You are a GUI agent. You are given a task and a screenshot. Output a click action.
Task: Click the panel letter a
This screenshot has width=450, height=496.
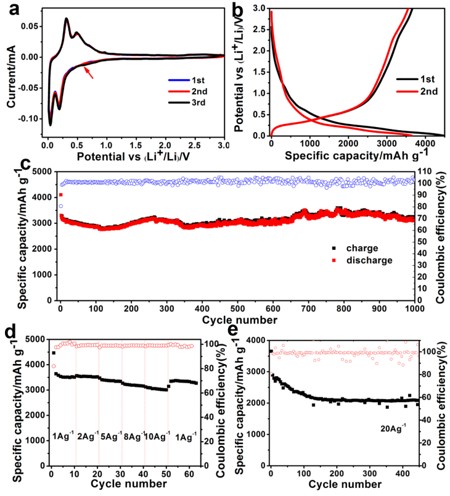pos(13,9)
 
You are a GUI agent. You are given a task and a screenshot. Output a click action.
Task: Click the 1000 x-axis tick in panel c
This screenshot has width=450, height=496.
pos(414,308)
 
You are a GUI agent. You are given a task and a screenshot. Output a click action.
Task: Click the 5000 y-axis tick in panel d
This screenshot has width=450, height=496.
pos(36,339)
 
